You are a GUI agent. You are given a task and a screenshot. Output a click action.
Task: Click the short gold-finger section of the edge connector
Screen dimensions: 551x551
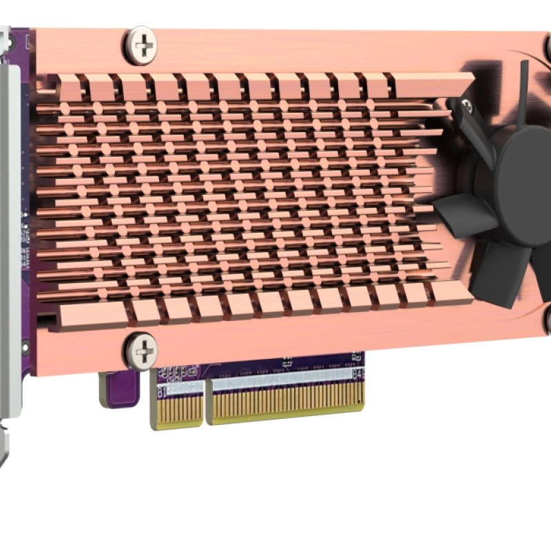point(177,411)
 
